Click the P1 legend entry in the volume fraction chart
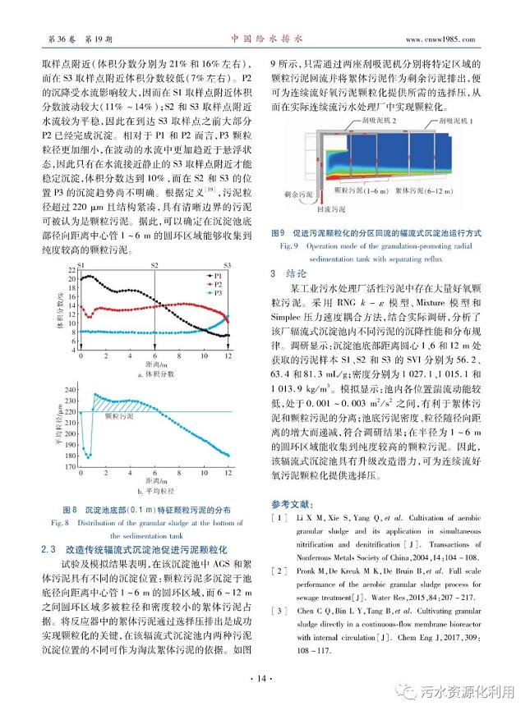(221, 274)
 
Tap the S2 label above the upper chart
(155, 265)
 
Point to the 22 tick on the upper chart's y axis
(72, 270)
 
